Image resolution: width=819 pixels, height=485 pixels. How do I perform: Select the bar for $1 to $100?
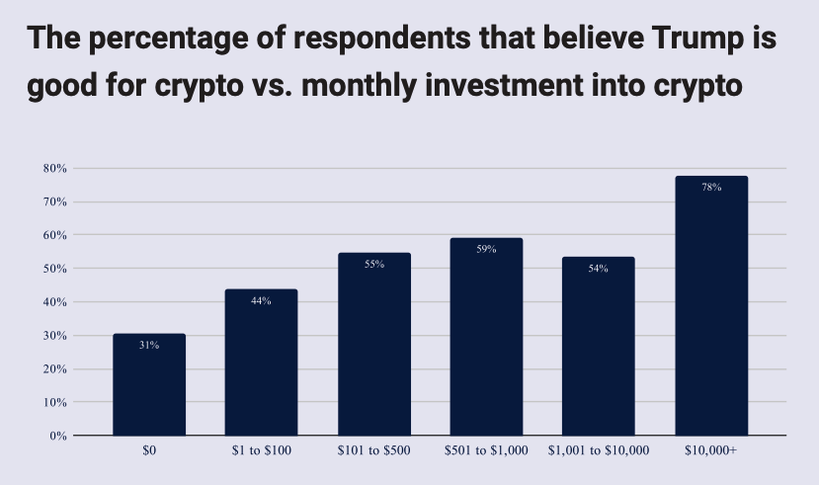point(261,365)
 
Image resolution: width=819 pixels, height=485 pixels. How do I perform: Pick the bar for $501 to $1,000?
point(486,341)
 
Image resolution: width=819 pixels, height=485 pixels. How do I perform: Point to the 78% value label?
point(711,187)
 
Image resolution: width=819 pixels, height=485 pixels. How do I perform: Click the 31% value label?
point(149,345)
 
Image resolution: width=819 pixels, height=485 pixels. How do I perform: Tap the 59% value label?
point(486,249)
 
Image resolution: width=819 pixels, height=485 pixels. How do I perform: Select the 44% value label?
point(261,300)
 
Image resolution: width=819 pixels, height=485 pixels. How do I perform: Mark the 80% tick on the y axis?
point(54,169)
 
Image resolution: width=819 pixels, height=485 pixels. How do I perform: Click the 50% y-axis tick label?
point(54,269)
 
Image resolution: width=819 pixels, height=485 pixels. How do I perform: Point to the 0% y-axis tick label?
point(57,436)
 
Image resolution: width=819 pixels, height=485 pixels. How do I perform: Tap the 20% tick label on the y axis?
point(54,369)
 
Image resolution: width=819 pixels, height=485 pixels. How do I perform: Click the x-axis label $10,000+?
point(711,450)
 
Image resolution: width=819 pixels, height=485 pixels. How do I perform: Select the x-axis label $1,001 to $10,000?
point(598,450)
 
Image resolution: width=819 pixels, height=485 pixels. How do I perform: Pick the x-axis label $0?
point(149,450)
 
